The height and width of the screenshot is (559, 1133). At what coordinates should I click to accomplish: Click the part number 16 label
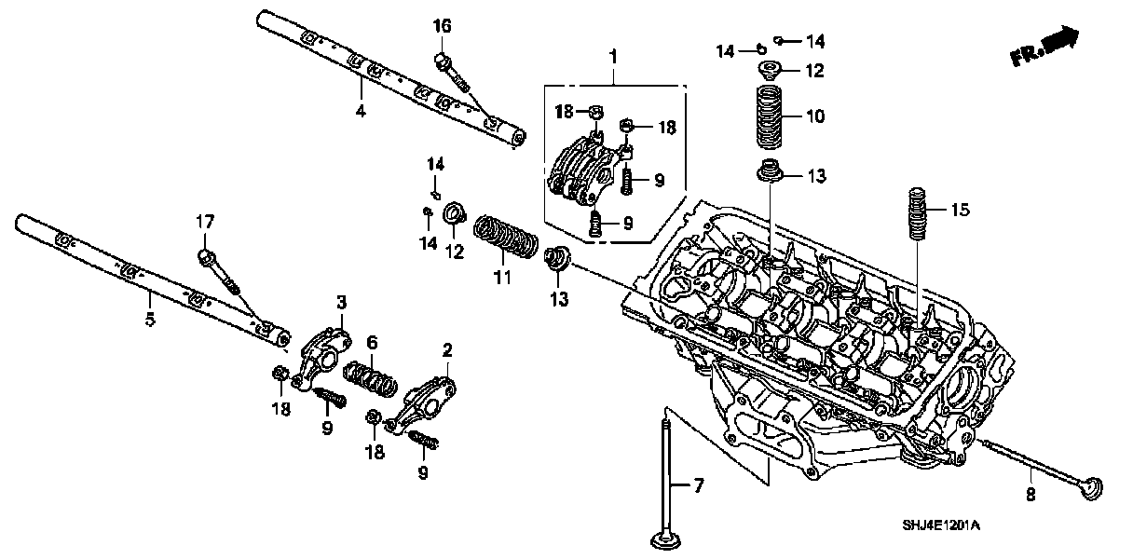pyautogui.click(x=442, y=27)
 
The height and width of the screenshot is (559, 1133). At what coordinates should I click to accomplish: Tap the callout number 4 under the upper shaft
pyautogui.click(x=360, y=111)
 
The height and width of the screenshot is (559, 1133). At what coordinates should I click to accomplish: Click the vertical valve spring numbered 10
pyautogui.click(x=769, y=116)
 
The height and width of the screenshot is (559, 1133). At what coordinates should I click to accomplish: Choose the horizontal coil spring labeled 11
pyautogui.click(x=508, y=237)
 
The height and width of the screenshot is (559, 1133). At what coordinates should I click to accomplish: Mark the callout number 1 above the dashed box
pyautogui.click(x=613, y=58)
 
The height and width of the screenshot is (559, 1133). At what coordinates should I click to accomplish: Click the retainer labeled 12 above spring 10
pyautogui.click(x=770, y=68)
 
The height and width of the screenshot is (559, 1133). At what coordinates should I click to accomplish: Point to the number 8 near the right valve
pyautogui.click(x=1031, y=496)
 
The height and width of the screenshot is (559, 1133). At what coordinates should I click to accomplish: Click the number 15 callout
pyautogui.click(x=960, y=211)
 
